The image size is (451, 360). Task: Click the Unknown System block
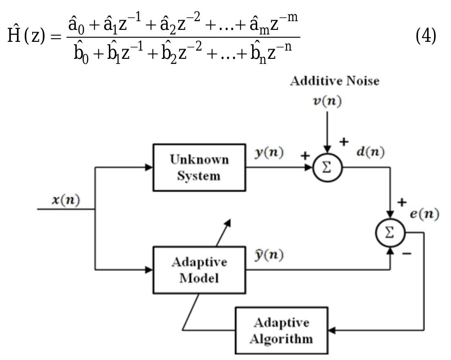(199, 167)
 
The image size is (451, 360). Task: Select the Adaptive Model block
(199, 269)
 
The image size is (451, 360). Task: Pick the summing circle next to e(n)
(390, 233)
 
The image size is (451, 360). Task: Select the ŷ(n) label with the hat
(269, 254)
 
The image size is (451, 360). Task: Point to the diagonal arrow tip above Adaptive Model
(228, 221)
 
